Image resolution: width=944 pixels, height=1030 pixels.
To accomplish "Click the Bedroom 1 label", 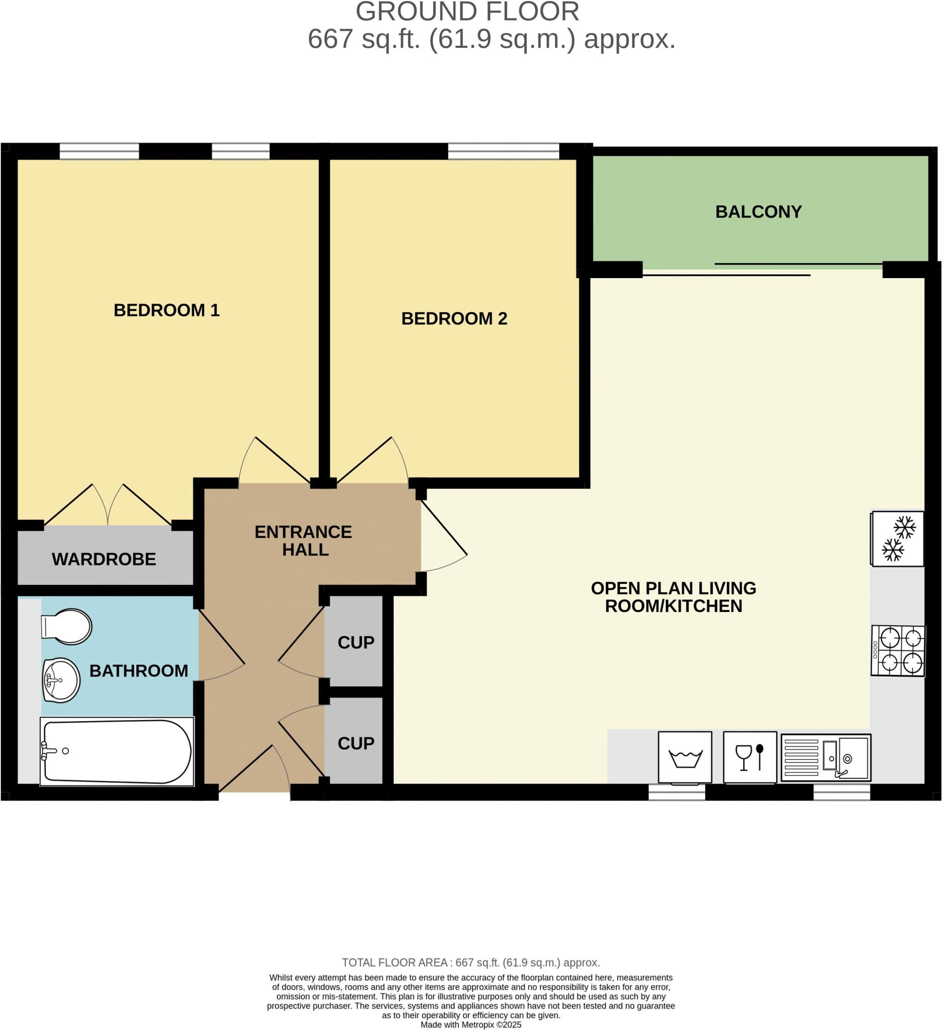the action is pyautogui.click(x=166, y=310).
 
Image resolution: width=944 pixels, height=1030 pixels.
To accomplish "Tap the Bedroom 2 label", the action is pyautogui.click(x=454, y=318).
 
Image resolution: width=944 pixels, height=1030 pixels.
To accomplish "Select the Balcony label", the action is pyautogui.click(x=759, y=212).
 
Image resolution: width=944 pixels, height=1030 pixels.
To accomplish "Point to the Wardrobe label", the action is pyautogui.click(x=104, y=559).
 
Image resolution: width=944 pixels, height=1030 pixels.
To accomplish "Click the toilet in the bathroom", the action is pyautogui.click(x=66, y=627).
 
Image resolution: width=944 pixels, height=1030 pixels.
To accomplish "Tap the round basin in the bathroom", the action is pyautogui.click(x=61, y=680).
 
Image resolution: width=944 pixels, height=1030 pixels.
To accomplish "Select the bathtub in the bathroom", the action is pyautogui.click(x=117, y=751).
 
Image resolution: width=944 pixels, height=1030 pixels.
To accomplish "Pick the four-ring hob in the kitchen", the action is pyautogui.click(x=899, y=651).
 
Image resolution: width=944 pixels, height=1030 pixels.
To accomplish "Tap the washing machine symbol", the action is pyautogui.click(x=685, y=757).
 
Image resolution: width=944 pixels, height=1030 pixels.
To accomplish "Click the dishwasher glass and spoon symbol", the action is pyautogui.click(x=750, y=757).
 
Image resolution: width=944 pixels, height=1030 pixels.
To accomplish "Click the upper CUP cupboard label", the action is pyautogui.click(x=356, y=643).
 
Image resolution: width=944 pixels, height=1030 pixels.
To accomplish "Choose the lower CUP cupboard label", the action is pyautogui.click(x=356, y=743).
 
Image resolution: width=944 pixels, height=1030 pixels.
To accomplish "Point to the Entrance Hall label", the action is pyautogui.click(x=304, y=541).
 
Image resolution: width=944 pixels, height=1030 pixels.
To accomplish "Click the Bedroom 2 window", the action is pyautogui.click(x=504, y=151).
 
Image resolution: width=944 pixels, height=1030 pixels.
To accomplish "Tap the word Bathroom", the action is pyautogui.click(x=139, y=670).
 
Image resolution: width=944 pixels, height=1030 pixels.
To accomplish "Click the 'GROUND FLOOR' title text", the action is pyautogui.click(x=467, y=12).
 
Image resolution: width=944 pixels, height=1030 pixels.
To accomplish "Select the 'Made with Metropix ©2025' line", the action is pyautogui.click(x=471, y=1025).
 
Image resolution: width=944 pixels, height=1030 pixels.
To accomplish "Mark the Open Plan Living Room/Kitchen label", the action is pyautogui.click(x=673, y=597).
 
